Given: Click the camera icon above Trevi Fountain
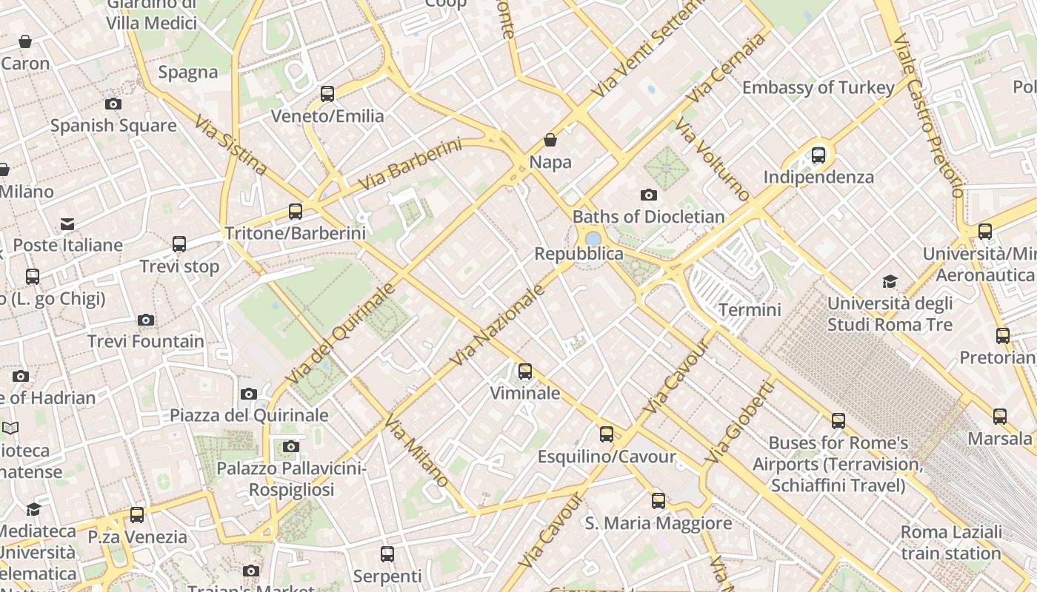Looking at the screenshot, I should (146, 320).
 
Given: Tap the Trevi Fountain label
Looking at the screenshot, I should (146, 341).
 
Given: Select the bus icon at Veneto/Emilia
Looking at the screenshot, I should (327, 94).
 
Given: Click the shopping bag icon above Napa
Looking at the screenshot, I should (550, 140).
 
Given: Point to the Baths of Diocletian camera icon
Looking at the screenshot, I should (649, 195).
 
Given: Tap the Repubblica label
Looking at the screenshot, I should (579, 254).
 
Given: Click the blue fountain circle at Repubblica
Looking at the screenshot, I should (593, 238).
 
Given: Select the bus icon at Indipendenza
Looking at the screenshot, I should (818, 155).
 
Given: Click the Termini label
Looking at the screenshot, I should (750, 309).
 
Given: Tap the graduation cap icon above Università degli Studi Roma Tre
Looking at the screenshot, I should (890, 282).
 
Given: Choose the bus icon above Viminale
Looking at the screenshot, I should (525, 371).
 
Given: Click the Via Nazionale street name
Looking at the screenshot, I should (498, 325).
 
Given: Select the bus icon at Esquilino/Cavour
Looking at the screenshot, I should (607, 434).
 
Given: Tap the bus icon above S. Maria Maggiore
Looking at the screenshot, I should (658, 501).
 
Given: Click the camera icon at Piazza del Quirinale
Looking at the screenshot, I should (249, 394).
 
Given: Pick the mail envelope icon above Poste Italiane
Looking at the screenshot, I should (67, 223).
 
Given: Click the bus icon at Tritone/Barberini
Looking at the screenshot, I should (296, 212).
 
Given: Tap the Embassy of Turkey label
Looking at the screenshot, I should (818, 87).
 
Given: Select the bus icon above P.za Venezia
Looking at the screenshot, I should (137, 514).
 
